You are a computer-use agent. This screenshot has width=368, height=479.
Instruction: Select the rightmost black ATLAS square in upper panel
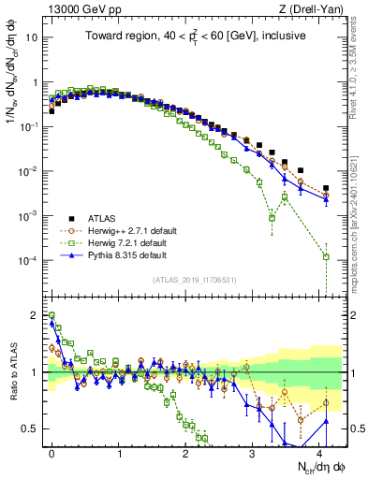click(x=326, y=188)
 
